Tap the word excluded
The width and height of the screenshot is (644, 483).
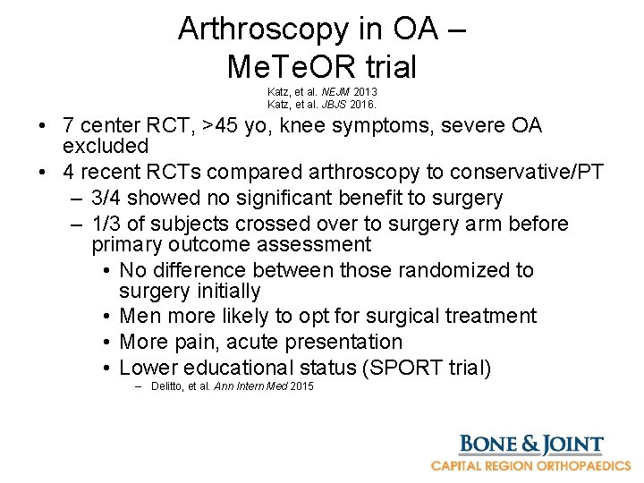click(x=106, y=146)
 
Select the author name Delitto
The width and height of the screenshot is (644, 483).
click(x=168, y=386)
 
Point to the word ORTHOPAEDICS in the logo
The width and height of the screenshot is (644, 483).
click(x=581, y=466)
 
